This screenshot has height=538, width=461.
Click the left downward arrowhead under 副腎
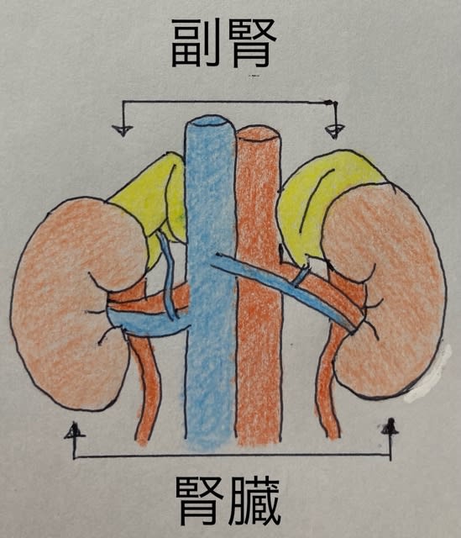pyautogui.click(x=123, y=130)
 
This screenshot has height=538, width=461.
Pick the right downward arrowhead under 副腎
pyautogui.click(x=334, y=131)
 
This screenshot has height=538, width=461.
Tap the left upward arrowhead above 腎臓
pyautogui.click(x=75, y=431)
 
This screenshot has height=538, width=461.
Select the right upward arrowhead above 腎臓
pyautogui.click(x=390, y=428)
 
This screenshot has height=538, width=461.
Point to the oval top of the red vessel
pyautogui.click(x=259, y=134)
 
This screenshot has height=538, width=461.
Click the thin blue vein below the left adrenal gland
pyautogui.click(x=168, y=275)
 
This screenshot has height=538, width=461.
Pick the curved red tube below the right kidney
pyautogui.click(x=327, y=381)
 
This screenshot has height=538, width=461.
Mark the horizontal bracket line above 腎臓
pyautogui.click(x=232, y=456)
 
